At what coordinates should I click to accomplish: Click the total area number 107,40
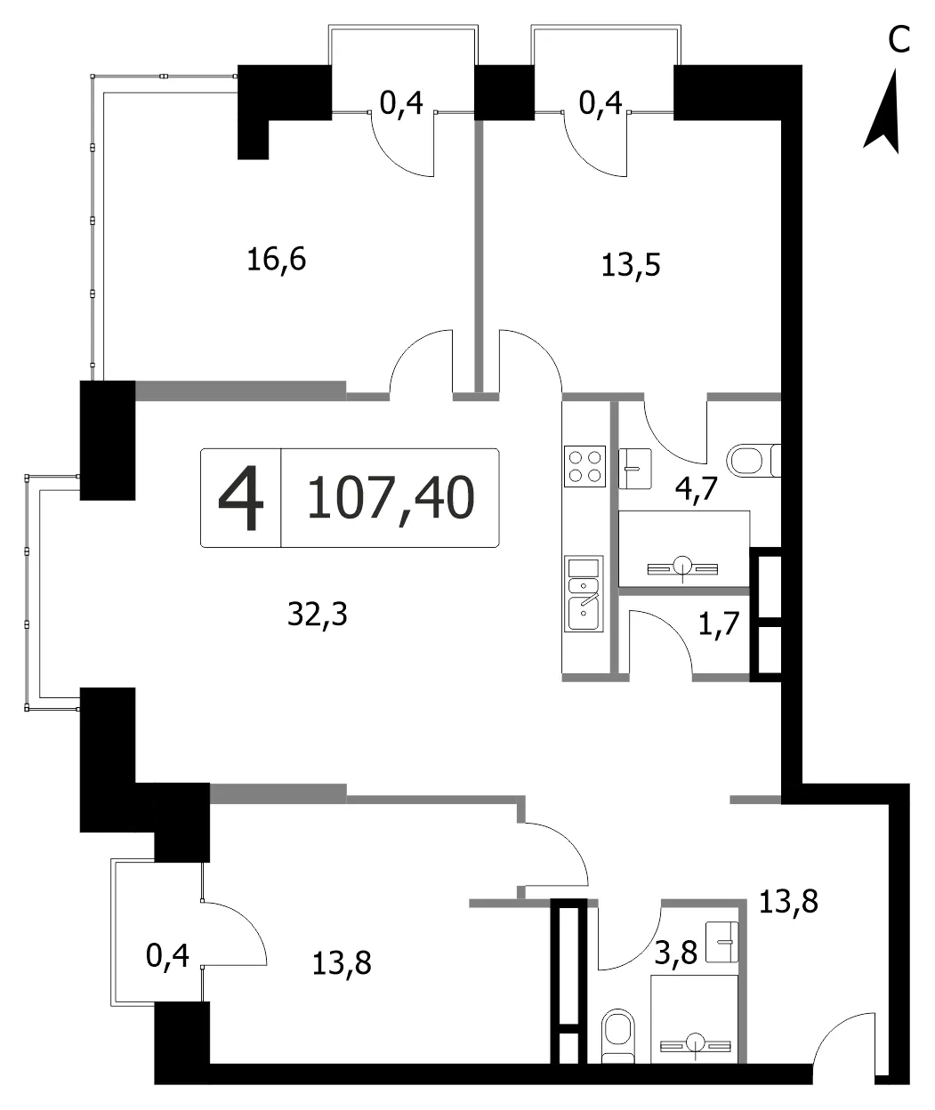point(391,497)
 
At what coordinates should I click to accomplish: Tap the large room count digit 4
point(241,497)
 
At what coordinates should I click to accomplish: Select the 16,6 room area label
point(277,260)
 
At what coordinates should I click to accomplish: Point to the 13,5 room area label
point(631,264)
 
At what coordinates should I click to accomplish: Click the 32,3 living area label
point(318,614)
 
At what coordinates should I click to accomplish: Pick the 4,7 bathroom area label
point(697,489)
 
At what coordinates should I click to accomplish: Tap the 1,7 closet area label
point(719,623)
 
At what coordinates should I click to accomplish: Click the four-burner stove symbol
point(585,466)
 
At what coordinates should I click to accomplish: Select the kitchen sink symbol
point(584,594)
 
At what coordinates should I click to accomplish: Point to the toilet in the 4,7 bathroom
point(754,460)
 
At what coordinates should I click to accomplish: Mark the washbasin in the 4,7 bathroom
point(635,469)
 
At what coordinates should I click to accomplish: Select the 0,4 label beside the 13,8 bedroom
point(167,955)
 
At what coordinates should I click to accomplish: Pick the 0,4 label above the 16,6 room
point(401,102)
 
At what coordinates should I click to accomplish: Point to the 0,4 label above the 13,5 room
point(600,102)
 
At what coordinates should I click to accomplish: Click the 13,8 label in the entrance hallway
point(788,902)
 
